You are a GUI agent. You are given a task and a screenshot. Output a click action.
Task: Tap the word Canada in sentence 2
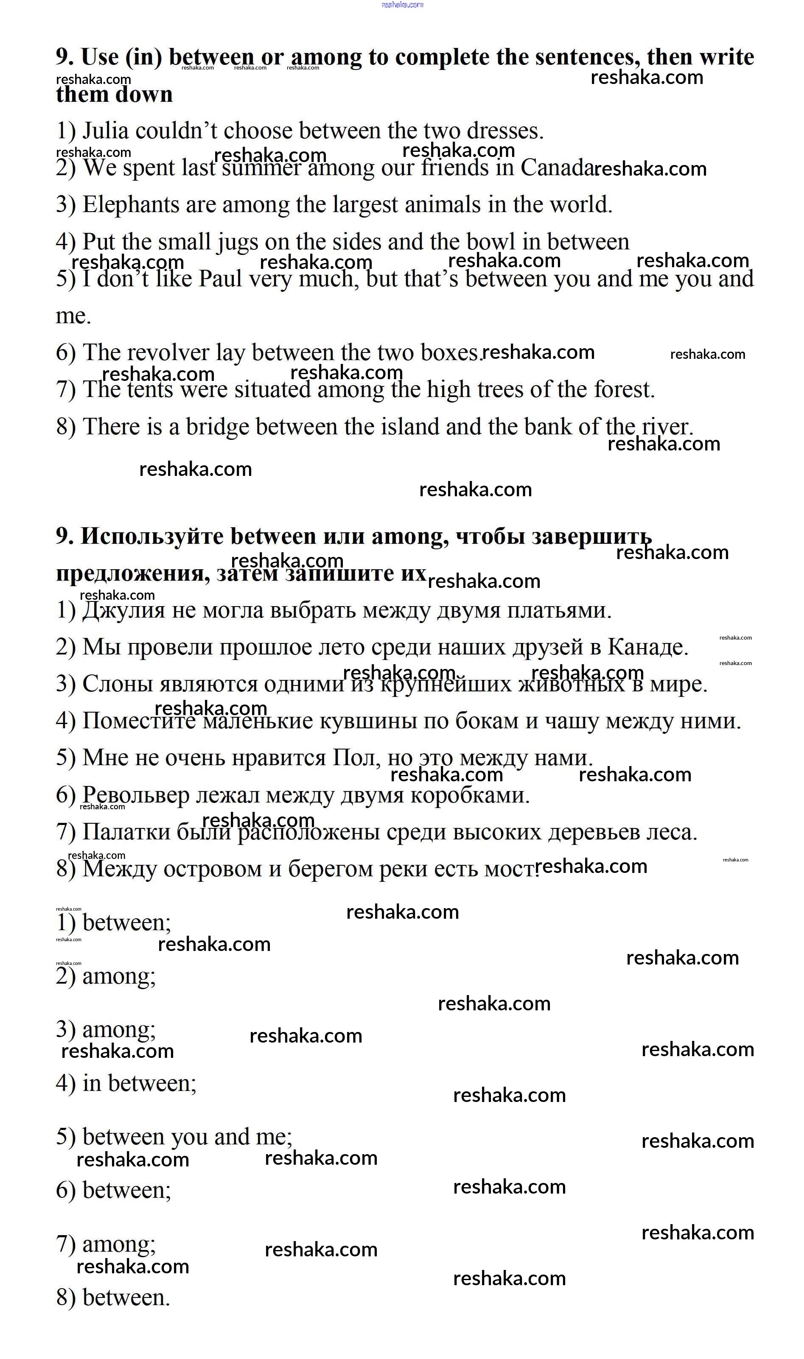[x=557, y=168]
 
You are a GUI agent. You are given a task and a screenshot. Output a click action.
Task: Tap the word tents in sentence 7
[x=150, y=389]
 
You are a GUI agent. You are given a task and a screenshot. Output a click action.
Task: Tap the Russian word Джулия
[x=123, y=610]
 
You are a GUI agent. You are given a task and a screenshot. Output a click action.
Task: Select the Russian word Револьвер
[x=135, y=795]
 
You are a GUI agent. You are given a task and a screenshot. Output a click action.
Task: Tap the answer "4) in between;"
[x=126, y=1083]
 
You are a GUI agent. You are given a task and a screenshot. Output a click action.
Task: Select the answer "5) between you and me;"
[x=174, y=1137]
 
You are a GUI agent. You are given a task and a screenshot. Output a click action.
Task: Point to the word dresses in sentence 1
[x=504, y=131]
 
